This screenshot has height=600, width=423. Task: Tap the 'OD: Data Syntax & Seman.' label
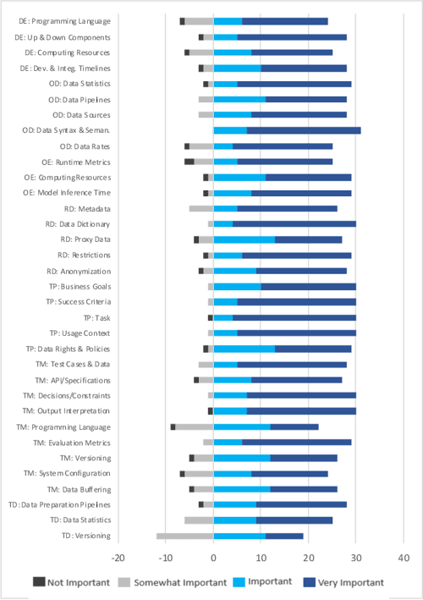click(x=66, y=130)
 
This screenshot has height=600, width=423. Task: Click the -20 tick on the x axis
click(x=118, y=558)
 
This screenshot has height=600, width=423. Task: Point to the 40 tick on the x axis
click(x=404, y=558)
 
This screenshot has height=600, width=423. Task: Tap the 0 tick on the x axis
click(x=214, y=558)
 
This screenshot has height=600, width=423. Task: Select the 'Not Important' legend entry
click(x=70, y=582)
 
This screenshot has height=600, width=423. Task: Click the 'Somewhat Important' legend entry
click(x=173, y=582)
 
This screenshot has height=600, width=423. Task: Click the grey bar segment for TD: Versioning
click(x=185, y=536)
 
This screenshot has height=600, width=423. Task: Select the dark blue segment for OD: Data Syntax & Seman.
click(x=304, y=130)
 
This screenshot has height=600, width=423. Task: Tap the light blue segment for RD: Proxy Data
click(x=244, y=239)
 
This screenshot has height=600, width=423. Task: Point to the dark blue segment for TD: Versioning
click(x=284, y=536)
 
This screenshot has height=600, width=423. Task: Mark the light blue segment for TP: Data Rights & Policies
click(x=244, y=349)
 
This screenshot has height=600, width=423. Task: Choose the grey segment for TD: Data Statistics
click(x=199, y=520)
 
